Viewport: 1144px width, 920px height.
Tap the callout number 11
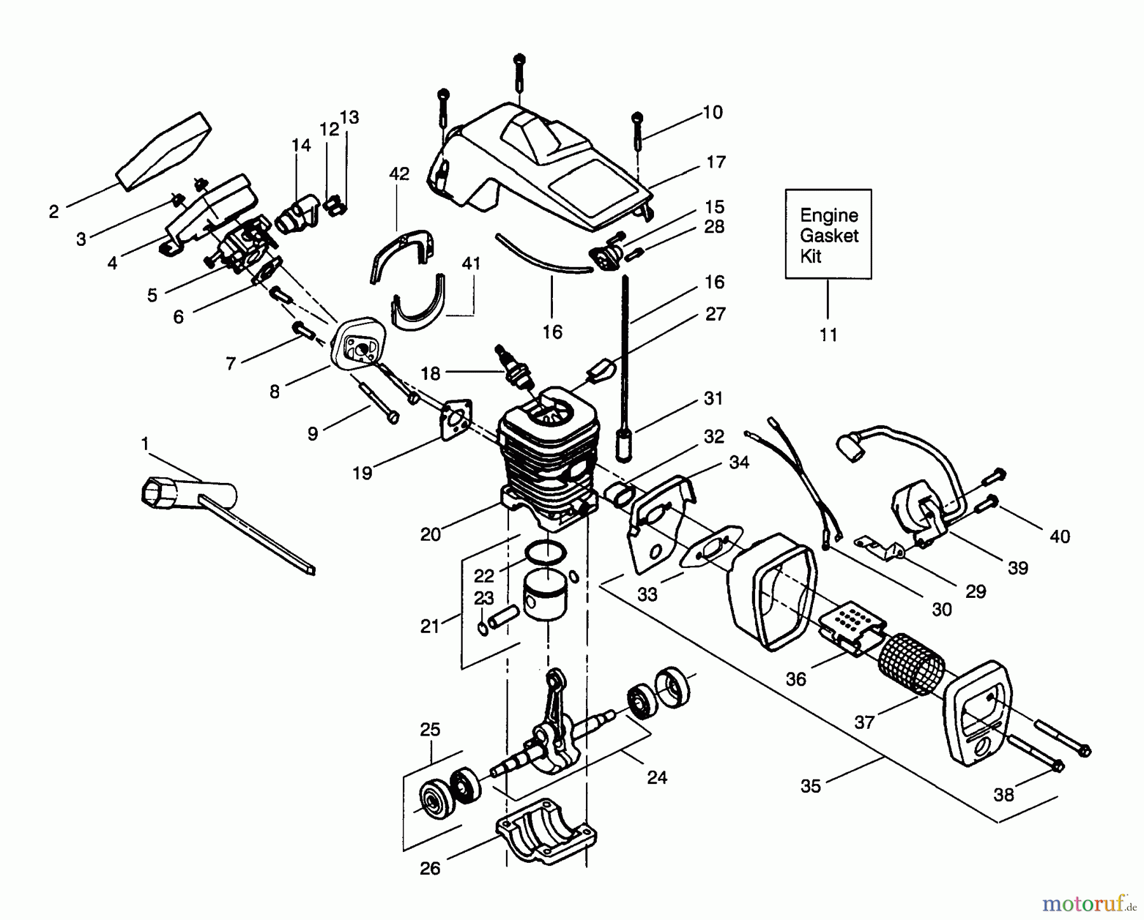point(828,335)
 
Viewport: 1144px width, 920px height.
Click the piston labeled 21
point(545,600)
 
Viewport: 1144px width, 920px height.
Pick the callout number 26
point(430,869)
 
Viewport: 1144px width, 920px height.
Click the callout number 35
point(810,786)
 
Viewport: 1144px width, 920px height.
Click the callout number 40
point(1059,537)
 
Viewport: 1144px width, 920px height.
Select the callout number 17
point(716,163)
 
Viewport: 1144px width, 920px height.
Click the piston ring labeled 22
point(547,552)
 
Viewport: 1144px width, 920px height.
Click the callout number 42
point(399,173)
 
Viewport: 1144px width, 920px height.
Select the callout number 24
point(657,777)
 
